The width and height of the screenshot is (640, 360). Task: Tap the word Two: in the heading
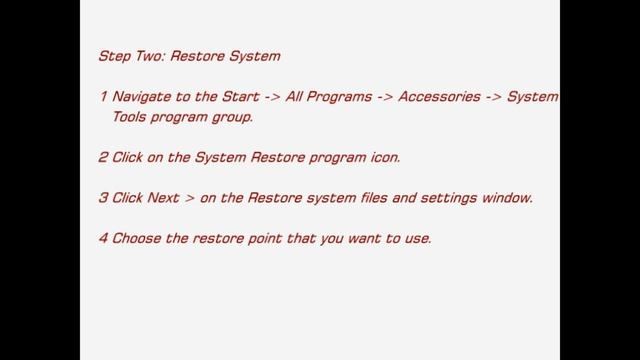pyautogui.click(x=151, y=56)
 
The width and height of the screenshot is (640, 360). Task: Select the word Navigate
pyautogui.click(x=142, y=97)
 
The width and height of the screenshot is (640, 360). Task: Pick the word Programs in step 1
pyautogui.click(x=341, y=97)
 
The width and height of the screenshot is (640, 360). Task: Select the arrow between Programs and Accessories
pyautogui.click(x=384, y=97)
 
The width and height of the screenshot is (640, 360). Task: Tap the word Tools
pyautogui.click(x=130, y=116)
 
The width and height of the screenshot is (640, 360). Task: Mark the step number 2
pyautogui.click(x=103, y=157)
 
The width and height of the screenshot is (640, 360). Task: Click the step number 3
pyautogui.click(x=103, y=197)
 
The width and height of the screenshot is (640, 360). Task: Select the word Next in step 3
pyautogui.click(x=163, y=197)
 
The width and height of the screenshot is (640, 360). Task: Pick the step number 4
pyautogui.click(x=103, y=238)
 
